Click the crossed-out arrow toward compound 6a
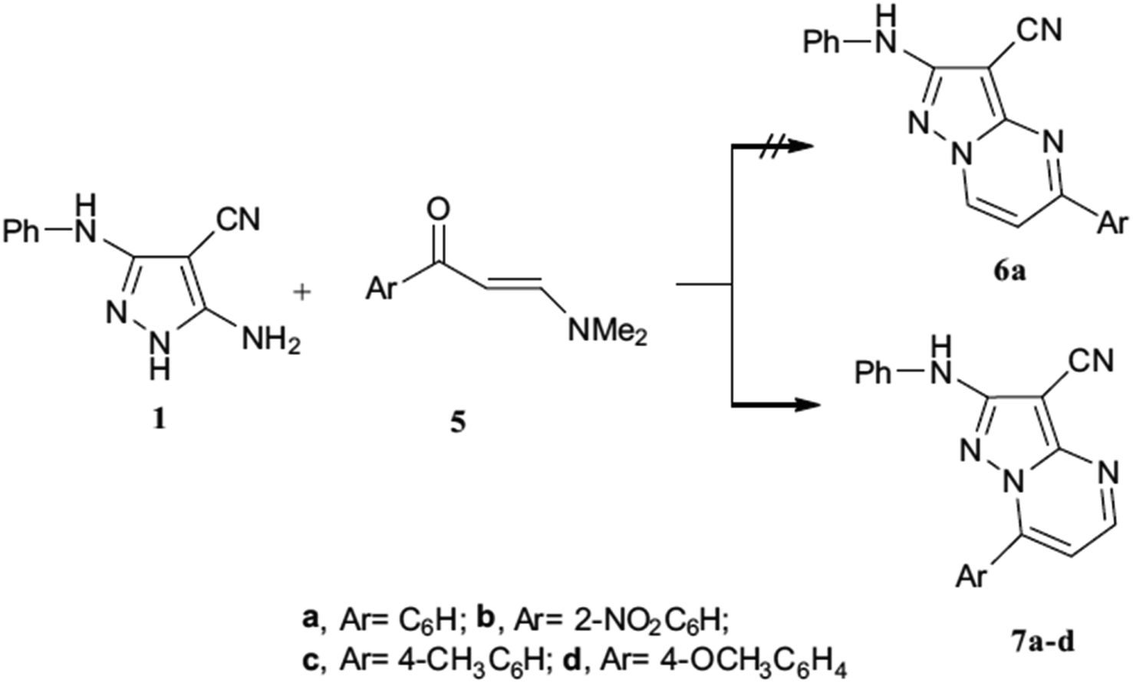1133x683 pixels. pyautogui.click(x=772, y=147)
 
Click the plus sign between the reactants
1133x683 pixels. pyautogui.click(x=302, y=293)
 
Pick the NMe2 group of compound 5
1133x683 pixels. pyautogui.click(x=607, y=333)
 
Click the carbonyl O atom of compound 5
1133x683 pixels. pyautogui.click(x=439, y=210)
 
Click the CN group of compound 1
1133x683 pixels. pyautogui.click(x=238, y=220)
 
